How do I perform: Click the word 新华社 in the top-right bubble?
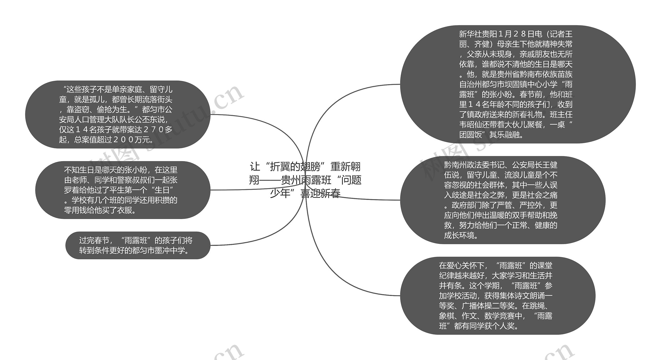pyautogui.click(x=470, y=34)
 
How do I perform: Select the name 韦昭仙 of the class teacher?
pyautogui.click(x=470, y=125)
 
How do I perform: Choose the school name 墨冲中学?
pyautogui.click(x=170, y=251)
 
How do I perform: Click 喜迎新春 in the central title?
pyautogui.click(x=320, y=193)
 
